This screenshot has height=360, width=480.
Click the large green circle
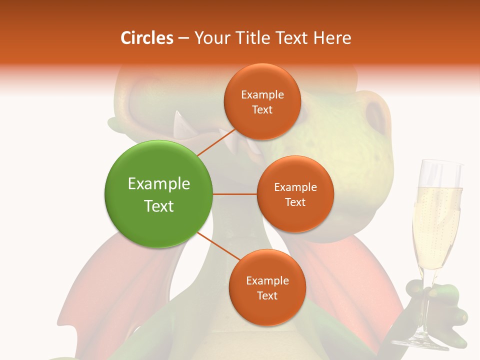pyautogui.click(x=158, y=194)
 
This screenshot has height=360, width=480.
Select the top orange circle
pyautogui.click(x=262, y=101)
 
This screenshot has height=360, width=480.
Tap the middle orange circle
pyautogui.click(x=295, y=194)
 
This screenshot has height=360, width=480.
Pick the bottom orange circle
pyautogui.click(x=267, y=287)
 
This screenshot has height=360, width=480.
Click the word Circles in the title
pyautogui.click(x=146, y=38)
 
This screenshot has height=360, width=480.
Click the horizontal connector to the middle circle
pyautogui.click(x=234, y=194)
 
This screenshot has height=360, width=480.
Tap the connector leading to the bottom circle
pyautogui.click(x=218, y=247)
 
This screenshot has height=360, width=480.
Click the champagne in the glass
pyautogui.click(x=436, y=225)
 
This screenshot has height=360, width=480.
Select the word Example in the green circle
pyautogui.click(x=158, y=183)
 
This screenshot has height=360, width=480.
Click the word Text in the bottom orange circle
pyautogui.click(x=267, y=295)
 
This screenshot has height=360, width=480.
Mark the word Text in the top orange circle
pyautogui.click(x=262, y=109)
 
